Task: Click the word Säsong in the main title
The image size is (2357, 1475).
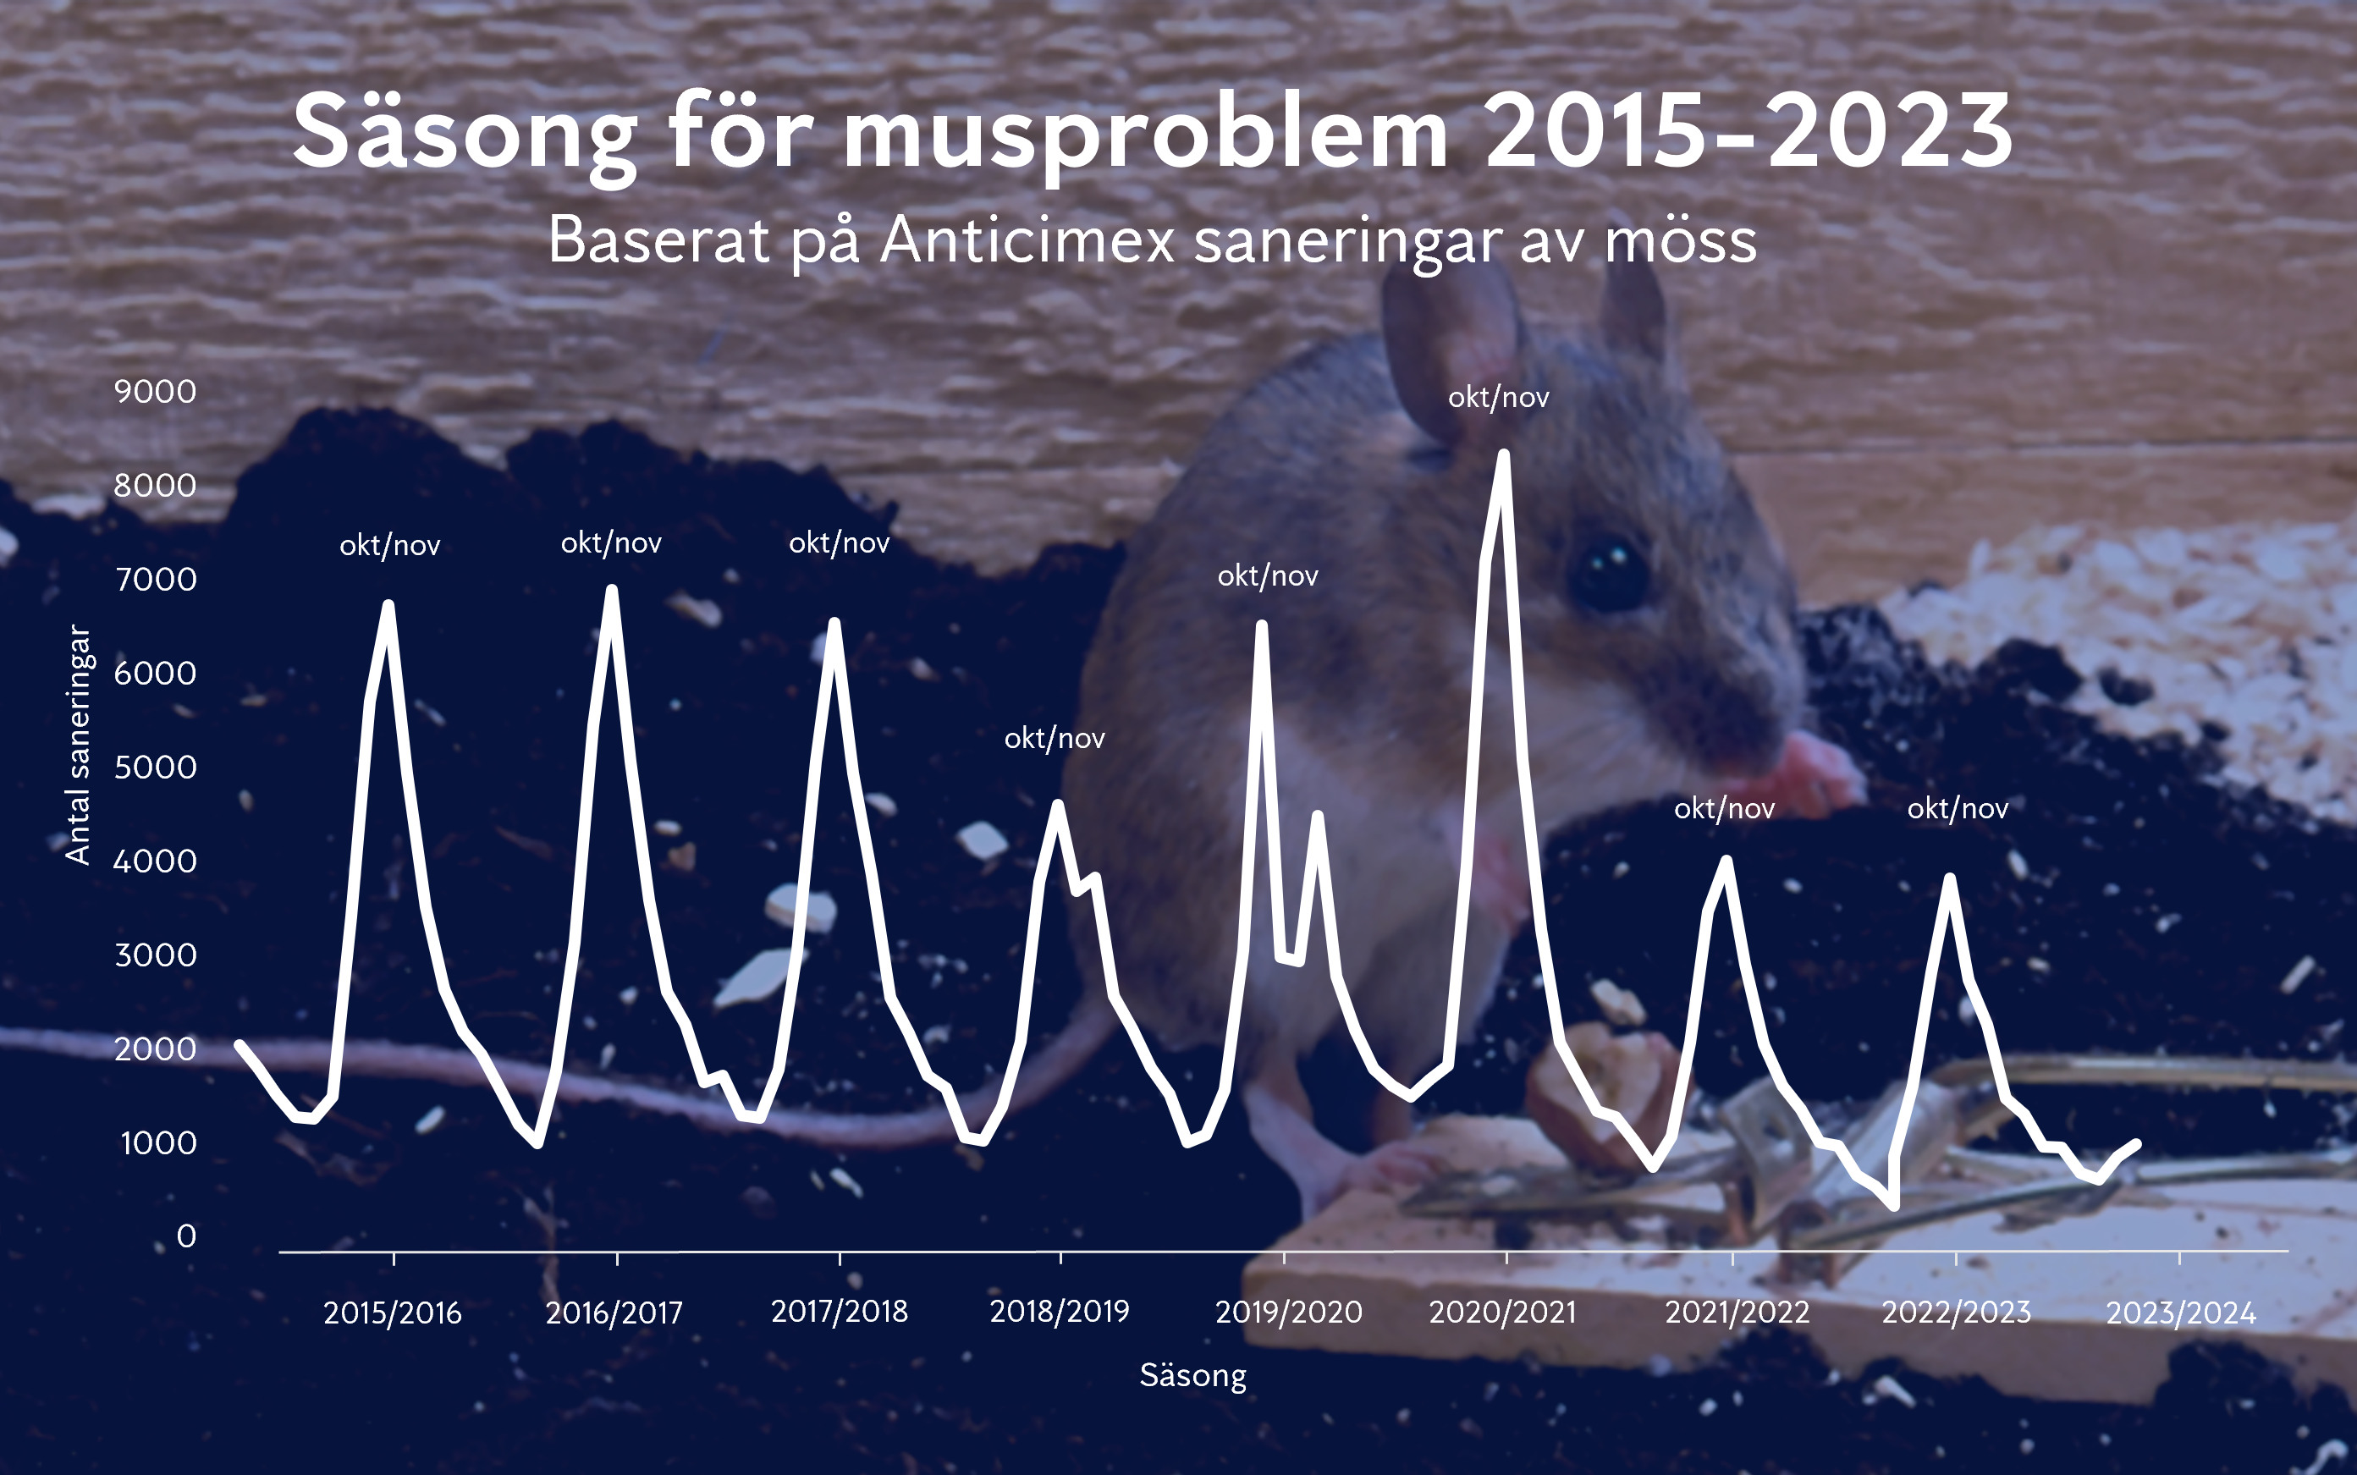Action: click(465, 134)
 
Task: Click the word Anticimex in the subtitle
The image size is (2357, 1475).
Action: click(1027, 240)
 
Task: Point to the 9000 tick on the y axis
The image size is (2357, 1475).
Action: click(155, 391)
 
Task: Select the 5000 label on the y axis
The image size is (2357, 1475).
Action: click(155, 767)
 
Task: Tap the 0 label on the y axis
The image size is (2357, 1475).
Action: click(186, 1236)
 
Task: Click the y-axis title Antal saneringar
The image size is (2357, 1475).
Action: click(78, 746)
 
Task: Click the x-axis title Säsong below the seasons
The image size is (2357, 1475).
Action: click(1192, 1375)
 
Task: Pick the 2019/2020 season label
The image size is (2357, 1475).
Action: click(1288, 1312)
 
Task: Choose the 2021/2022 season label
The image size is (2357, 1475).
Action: click(1737, 1312)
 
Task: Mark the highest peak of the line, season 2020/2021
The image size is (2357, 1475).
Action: click(1503, 454)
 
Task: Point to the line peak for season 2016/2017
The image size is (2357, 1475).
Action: click(612, 590)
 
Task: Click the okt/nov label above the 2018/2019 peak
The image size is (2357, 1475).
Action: click(1055, 739)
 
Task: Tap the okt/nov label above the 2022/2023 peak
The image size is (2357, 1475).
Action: click(1957, 809)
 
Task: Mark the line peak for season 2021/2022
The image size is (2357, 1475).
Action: click(1726, 861)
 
